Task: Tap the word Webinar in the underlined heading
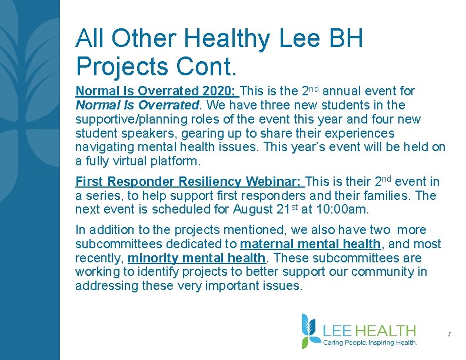coord(279,182)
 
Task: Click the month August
coord(254,210)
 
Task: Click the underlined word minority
coord(152,258)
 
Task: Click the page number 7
coord(449,334)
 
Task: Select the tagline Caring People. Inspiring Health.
coord(370,342)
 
